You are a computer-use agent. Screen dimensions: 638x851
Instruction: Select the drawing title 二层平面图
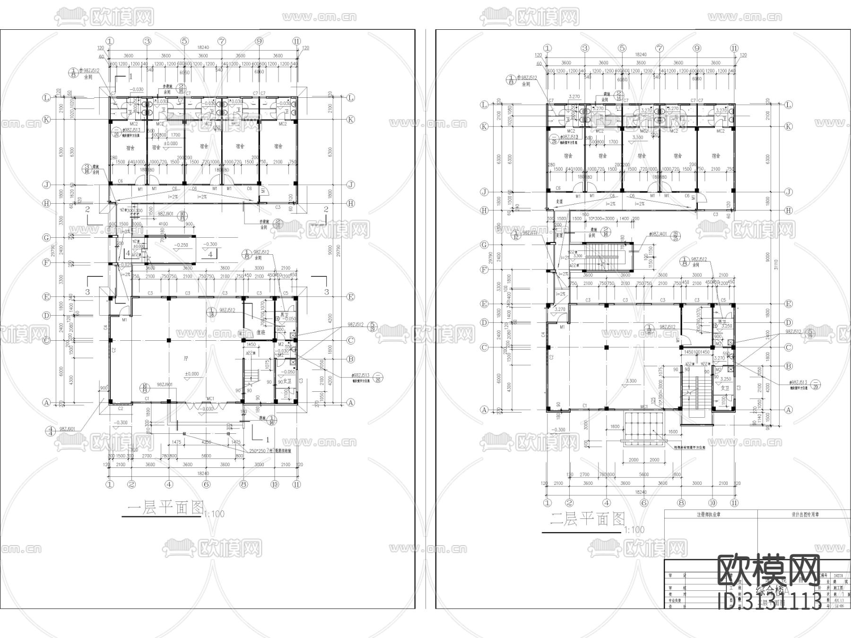point(588,519)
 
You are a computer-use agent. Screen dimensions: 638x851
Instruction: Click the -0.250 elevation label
point(181,245)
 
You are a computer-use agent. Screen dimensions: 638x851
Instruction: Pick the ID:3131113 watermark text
point(770,601)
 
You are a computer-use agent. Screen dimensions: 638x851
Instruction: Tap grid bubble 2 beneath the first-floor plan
point(131,484)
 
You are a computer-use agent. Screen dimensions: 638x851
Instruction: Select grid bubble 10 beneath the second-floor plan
point(712,503)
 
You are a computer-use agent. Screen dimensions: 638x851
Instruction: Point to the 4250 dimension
point(207,442)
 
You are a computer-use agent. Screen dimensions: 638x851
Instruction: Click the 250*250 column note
point(265,450)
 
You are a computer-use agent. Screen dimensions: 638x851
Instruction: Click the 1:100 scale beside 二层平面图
point(634,530)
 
